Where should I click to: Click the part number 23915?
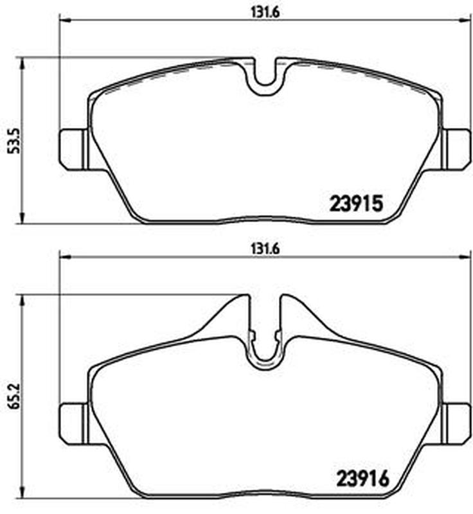click(x=355, y=203)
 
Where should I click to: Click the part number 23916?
click(x=362, y=478)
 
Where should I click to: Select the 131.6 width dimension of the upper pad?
click(x=265, y=12)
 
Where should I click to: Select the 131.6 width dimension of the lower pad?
click(x=265, y=249)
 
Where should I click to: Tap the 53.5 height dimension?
click(x=15, y=141)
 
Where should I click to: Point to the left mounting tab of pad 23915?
click(x=73, y=150)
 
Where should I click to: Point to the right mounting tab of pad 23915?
click(x=456, y=150)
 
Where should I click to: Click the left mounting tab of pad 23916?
click(x=73, y=423)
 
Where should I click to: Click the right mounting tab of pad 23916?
click(x=456, y=423)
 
